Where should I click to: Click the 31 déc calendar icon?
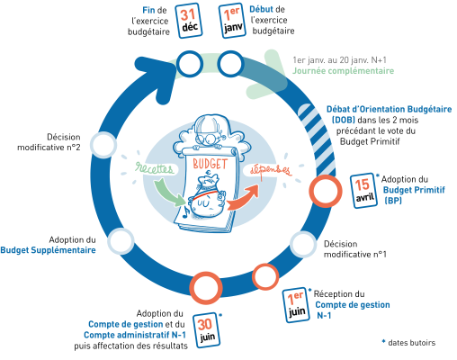click(189, 21)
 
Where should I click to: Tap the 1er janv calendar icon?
click(232, 21)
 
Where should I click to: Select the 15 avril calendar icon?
click(363, 191)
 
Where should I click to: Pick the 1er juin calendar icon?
click(296, 305)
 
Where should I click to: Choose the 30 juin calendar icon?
click(206, 330)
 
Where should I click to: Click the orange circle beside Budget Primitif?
click(326, 191)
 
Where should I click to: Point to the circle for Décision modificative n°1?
click(303, 245)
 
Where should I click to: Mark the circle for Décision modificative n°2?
click(103, 145)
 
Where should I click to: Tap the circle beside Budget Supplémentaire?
click(121, 241)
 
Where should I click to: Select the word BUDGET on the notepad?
click(210, 164)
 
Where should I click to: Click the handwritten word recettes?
click(154, 168)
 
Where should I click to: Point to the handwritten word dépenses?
click(271, 170)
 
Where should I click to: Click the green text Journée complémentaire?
click(343, 71)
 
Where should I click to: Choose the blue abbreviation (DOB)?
click(344, 120)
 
